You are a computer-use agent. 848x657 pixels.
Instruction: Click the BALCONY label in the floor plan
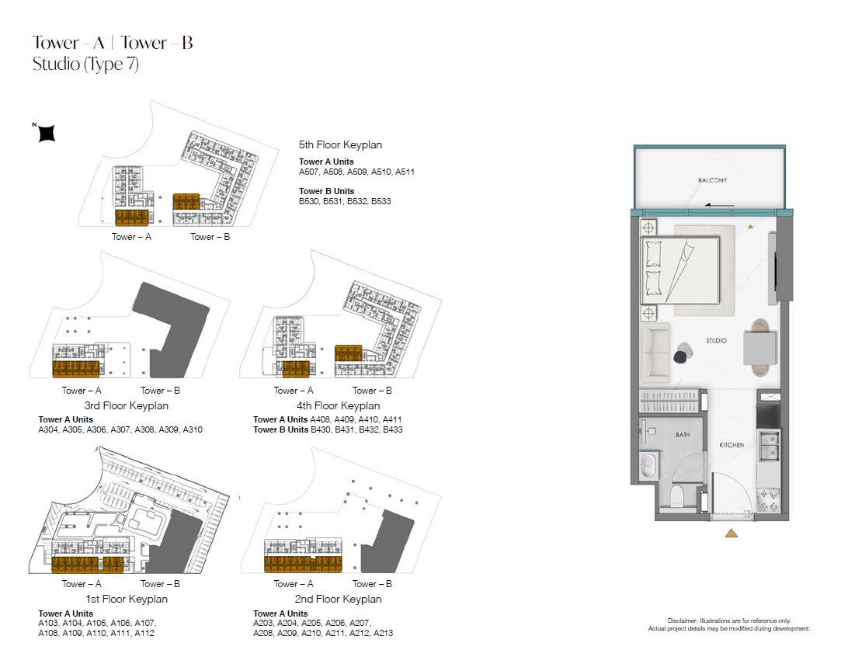click(712, 180)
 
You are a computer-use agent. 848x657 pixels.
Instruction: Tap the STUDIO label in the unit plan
click(716, 341)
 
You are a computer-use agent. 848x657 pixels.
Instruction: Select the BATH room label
click(683, 435)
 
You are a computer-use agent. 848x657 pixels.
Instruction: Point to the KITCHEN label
click(732, 445)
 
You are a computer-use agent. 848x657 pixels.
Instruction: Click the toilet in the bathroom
click(677, 496)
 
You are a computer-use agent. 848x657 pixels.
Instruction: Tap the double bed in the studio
click(680, 270)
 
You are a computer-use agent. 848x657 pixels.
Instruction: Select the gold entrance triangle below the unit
click(732, 534)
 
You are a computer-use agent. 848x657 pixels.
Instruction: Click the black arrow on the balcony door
click(719, 205)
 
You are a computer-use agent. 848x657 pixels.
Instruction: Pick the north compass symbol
click(46, 133)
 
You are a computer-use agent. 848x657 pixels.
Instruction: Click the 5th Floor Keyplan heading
click(340, 145)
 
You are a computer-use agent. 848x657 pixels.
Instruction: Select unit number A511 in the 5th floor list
click(405, 172)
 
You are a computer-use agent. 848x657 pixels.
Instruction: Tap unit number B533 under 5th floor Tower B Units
click(381, 201)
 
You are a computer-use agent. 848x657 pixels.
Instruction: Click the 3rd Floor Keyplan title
click(126, 405)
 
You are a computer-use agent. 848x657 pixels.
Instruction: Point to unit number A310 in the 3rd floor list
click(193, 430)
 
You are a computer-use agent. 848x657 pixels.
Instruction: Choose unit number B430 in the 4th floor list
click(321, 430)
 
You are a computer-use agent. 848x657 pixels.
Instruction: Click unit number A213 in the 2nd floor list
click(383, 633)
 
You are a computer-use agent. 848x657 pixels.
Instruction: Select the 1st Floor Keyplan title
click(127, 599)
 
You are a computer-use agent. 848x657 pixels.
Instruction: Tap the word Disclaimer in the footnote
click(682, 620)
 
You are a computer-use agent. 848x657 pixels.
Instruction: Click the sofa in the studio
click(655, 353)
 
